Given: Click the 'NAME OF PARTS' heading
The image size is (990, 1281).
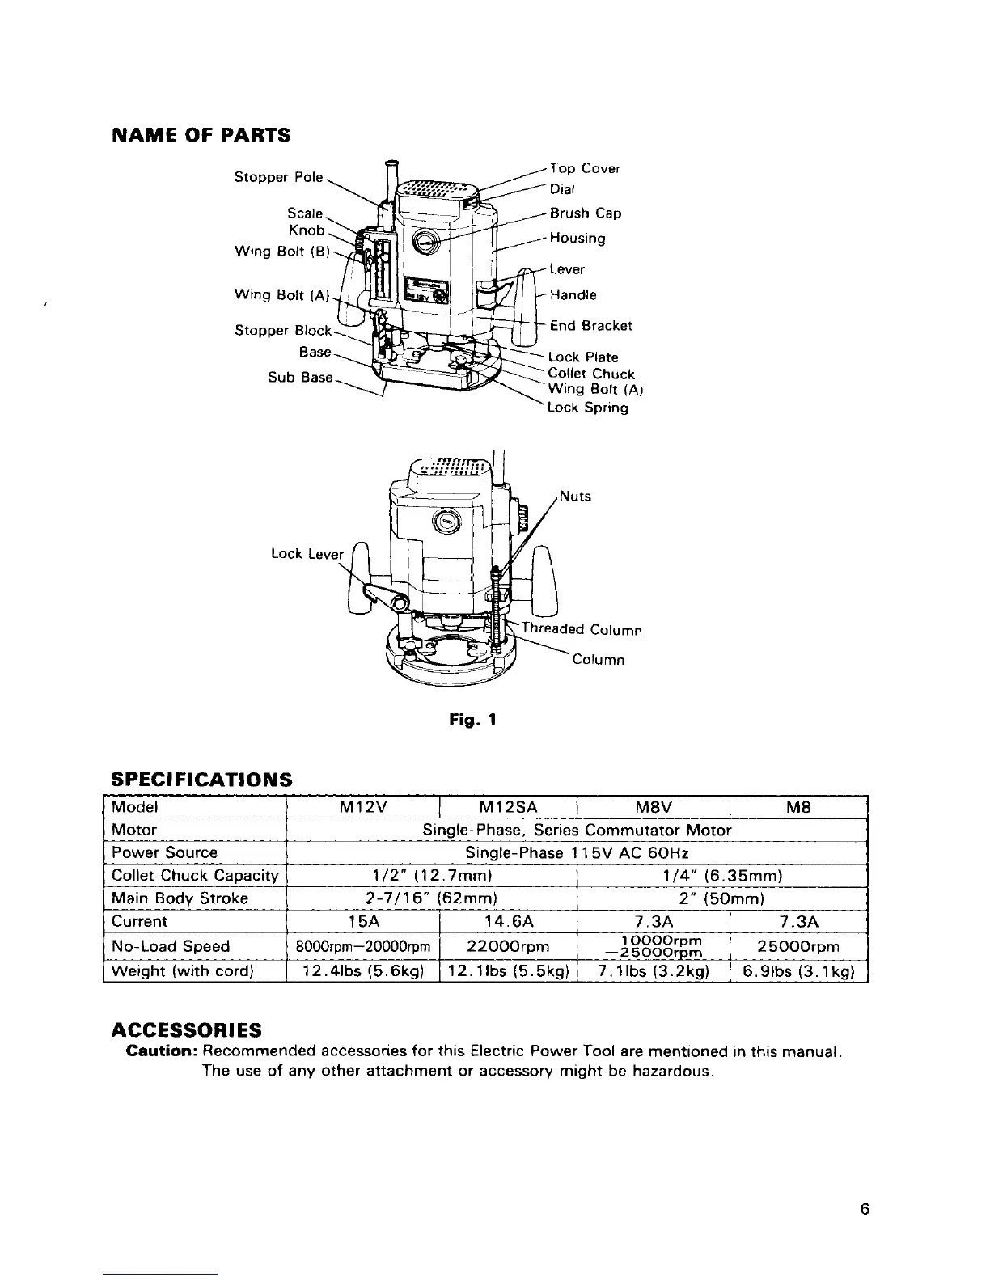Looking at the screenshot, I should click(x=201, y=134).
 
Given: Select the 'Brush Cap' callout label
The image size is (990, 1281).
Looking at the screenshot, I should click(x=586, y=213).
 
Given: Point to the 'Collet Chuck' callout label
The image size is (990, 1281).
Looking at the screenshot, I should click(x=591, y=374).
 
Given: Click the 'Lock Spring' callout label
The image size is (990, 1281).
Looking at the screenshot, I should click(x=588, y=408).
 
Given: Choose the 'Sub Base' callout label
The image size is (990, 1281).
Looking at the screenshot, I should click(x=300, y=378).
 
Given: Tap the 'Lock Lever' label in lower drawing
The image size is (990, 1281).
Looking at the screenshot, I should click(x=307, y=554).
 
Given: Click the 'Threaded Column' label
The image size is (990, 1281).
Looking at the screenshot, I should click(x=582, y=629).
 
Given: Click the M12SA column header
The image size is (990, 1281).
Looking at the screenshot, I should click(x=507, y=807).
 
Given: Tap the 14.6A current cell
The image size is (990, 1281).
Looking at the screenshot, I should click(x=507, y=922).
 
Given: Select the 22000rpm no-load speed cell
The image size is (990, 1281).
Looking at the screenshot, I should click(x=507, y=946).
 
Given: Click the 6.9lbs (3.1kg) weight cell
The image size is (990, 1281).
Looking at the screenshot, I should click(x=798, y=971).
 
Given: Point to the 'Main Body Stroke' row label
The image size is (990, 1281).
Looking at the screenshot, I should click(x=180, y=898).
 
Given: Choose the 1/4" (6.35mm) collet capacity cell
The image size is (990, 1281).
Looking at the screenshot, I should click(x=721, y=876).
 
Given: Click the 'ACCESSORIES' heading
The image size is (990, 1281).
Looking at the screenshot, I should click(x=186, y=1029).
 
